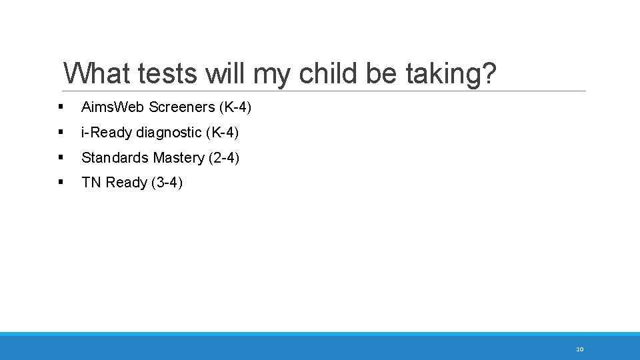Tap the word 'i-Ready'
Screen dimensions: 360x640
pyautogui.click(x=107, y=133)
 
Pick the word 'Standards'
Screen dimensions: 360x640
pyautogui.click(x=115, y=158)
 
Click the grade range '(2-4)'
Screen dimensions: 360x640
pyautogui.click(x=223, y=158)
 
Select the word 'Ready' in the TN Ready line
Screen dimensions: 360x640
pyautogui.click(x=126, y=183)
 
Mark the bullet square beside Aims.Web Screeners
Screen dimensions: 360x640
pyautogui.click(x=61, y=107)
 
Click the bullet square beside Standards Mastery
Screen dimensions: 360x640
pyautogui.click(x=61, y=157)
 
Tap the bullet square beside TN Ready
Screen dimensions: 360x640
pyautogui.click(x=61, y=182)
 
